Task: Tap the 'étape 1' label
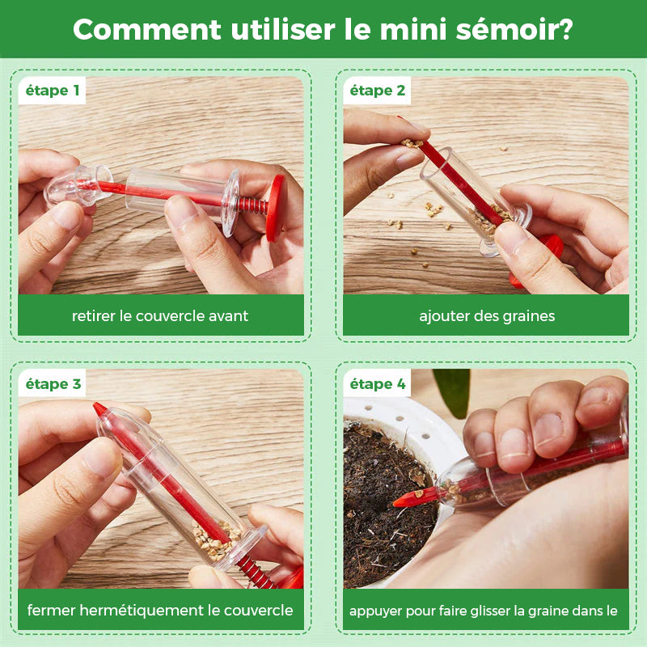point(53,91)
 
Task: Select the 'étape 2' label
point(378,91)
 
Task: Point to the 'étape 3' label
point(53,384)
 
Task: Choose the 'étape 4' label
point(378,384)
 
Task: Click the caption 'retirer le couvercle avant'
point(160,316)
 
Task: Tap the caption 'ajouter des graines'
point(487,316)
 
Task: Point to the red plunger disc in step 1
point(275,209)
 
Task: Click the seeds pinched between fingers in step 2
point(412,143)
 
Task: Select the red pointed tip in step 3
point(99,409)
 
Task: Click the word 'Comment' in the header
point(147,30)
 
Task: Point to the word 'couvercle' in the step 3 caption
point(258,611)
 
